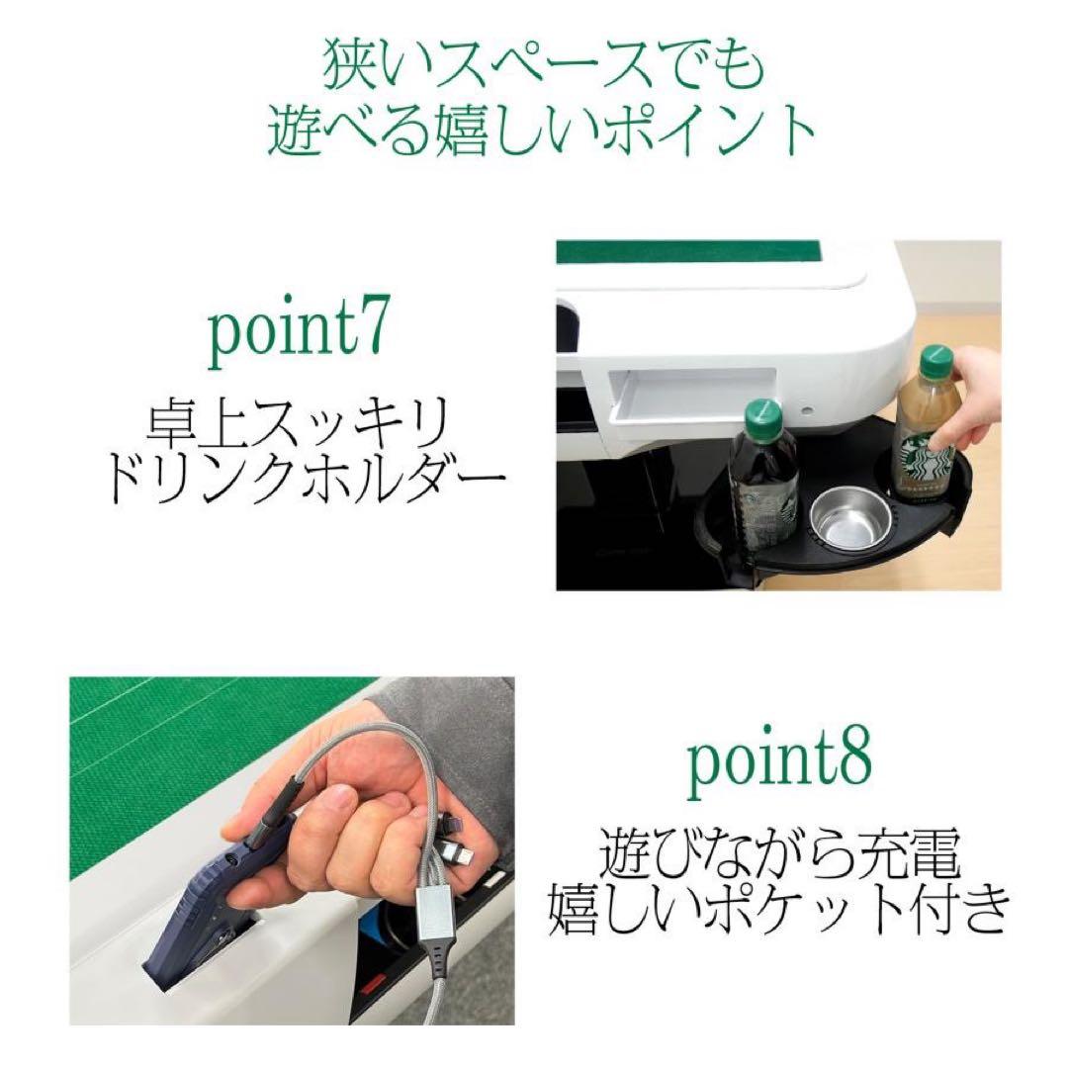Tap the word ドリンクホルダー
(x=304, y=481)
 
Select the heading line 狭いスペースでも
(x=543, y=68)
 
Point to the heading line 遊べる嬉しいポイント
(x=543, y=131)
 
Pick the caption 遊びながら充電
(x=779, y=851)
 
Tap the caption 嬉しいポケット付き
(x=779, y=909)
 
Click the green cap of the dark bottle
(x=763, y=416)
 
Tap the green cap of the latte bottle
(x=936, y=360)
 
